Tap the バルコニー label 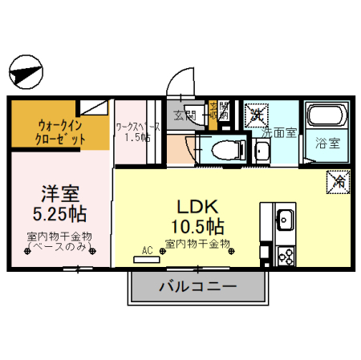[197, 286]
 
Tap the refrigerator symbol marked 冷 [337, 183]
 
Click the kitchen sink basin [285, 218]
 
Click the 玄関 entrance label [178, 113]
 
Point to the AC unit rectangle [147, 258]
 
